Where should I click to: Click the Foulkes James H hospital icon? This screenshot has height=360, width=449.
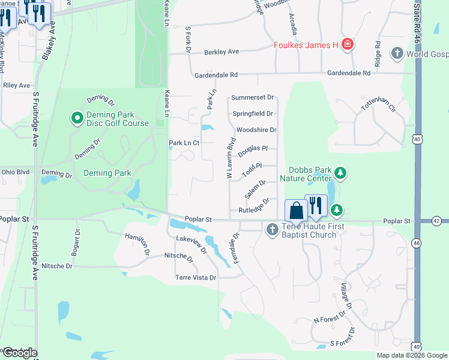coord(347,44)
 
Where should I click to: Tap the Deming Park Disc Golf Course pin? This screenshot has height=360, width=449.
coord(77,119)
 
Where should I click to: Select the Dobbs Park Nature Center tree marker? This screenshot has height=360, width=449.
coord(341,173)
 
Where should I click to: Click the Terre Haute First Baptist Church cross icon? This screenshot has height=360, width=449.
coord(272,229)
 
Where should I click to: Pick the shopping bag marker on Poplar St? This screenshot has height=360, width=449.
coord(296,211)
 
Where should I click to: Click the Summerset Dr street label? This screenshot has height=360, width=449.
coord(252,97)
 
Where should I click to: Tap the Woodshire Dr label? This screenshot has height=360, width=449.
coord(256,130)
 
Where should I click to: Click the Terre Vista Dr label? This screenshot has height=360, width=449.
coord(195,278)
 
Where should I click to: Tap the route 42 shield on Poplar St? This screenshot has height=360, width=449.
coord(436,221)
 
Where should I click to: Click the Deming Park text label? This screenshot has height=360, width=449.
coord(107,173)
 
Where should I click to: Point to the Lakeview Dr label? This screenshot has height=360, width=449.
coord(191,239)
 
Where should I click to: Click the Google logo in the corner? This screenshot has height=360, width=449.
coord(19,353)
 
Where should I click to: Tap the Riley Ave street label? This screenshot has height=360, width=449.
coord(16,85)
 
